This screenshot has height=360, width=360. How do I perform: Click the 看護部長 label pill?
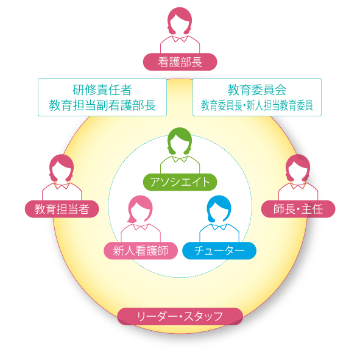click(180, 62)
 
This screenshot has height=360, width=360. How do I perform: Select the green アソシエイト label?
click(180, 182)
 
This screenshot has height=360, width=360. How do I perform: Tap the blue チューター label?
click(219, 250)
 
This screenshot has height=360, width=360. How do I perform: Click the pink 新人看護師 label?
click(141, 250)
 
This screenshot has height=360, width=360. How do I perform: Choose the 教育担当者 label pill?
click(62, 209)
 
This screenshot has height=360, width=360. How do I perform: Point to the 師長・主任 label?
click(298, 209)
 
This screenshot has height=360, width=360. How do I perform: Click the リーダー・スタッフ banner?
click(180, 316)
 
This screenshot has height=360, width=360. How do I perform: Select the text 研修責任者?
click(102, 90)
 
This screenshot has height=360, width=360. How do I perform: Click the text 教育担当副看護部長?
click(102, 105)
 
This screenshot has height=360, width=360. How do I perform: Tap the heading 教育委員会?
click(257, 90)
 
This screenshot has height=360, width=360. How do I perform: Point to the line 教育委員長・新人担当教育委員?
click(257, 105)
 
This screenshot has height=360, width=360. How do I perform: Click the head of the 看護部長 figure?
click(180, 21)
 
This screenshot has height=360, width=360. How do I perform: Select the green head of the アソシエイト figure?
click(180, 141)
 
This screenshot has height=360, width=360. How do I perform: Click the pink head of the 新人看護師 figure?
click(140, 210)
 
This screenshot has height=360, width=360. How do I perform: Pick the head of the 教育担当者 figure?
click(62, 168)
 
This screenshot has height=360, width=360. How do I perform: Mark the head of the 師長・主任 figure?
click(298, 168)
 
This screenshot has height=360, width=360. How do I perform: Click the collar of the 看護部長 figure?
click(180, 39)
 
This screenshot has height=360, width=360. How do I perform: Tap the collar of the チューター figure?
click(219, 227)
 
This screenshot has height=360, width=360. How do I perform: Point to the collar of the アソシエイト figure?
click(180, 159)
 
